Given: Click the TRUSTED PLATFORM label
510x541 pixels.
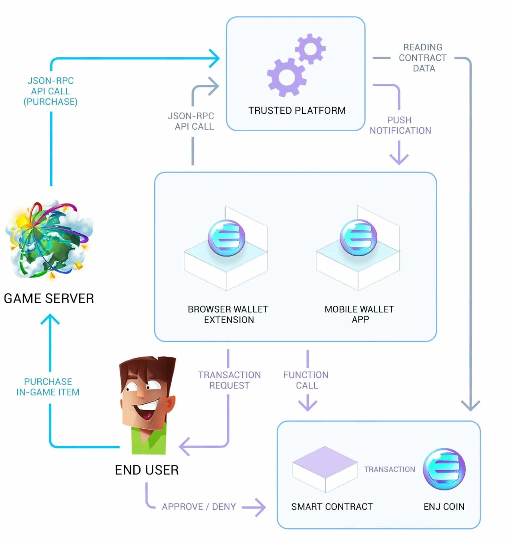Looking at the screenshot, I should pyautogui.click(x=297, y=110).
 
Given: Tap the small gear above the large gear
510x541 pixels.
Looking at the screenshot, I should pyautogui.click(x=310, y=49).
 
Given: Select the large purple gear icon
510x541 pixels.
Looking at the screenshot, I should pyautogui.click(x=286, y=77).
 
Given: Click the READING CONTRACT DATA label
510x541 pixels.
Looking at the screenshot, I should pyautogui.click(x=423, y=58).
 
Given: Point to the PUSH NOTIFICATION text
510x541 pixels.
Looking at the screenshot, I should pyautogui.click(x=400, y=125).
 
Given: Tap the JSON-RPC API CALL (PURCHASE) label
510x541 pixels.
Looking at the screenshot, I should pyautogui.click(x=50, y=91).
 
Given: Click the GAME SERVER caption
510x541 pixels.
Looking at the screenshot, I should pyautogui.click(x=49, y=298).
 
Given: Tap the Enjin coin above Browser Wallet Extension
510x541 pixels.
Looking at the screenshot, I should pyautogui.click(x=226, y=238).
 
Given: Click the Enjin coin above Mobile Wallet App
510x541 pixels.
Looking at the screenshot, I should pyautogui.click(x=358, y=237).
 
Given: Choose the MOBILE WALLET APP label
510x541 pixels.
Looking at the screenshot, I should pyautogui.click(x=359, y=314).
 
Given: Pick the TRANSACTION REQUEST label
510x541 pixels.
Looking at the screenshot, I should pyautogui.click(x=229, y=380).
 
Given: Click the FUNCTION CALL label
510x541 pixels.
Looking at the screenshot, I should pyautogui.click(x=306, y=380).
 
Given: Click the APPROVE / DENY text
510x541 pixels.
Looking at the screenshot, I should pyautogui.click(x=199, y=507).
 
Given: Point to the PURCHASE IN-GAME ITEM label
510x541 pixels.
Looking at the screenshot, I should pyautogui.click(x=48, y=387).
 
